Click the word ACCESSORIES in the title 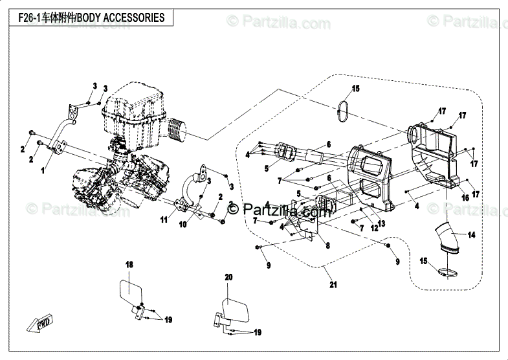(x=134, y=18)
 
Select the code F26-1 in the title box (x=24, y=18)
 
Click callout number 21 (x=333, y=284)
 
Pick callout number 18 (x=128, y=265)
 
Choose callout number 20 (x=228, y=276)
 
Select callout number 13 (x=382, y=223)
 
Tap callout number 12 (x=373, y=229)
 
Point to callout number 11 (x=164, y=220)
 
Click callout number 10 (x=183, y=224)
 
